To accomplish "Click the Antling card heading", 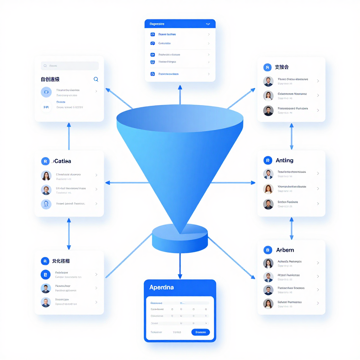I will (284, 160).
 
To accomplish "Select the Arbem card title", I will (285, 250).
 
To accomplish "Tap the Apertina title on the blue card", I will (161, 287).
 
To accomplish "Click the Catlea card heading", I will (62, 161).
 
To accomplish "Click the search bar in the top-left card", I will (70, 66).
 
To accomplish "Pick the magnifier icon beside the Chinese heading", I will (96, 79).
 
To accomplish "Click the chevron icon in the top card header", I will (208, 24).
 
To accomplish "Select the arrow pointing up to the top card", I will (180, 94).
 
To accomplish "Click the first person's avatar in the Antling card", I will (268, 174).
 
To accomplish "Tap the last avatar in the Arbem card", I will (268, 304).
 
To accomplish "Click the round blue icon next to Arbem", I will (268, 250).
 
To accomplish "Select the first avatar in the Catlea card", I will (46, 175).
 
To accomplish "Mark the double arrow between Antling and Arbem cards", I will (291, 229).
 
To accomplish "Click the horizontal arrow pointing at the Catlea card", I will (127, 183).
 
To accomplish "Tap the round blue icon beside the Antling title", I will (268, 160).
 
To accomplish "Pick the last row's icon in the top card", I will (153, 74).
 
